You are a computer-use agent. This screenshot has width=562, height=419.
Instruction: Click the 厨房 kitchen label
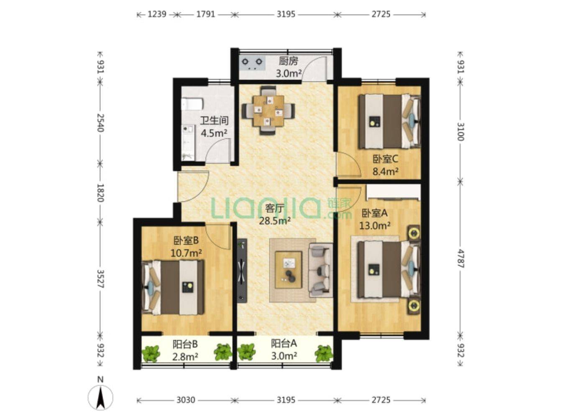[x=288, y=61]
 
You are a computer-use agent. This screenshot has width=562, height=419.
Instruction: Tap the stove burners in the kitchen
[x=252, y=63]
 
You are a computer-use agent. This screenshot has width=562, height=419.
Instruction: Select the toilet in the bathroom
[x=192, y=104]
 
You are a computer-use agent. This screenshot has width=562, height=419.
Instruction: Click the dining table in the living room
[x=268, y=111]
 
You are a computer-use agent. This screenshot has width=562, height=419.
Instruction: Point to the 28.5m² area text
[x=274, y=221]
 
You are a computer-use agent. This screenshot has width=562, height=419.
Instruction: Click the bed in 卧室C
[x=389, y=121]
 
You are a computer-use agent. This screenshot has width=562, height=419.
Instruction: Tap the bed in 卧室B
[x=173, y=287]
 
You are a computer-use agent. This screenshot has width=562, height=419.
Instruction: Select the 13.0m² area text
[x=375, y=225]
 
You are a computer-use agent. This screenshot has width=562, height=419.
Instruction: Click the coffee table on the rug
[x=288, y=270]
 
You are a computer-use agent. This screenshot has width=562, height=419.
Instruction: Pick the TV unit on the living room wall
[x=242, y=271]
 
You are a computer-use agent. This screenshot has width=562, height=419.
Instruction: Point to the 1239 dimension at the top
[x=157, y=14]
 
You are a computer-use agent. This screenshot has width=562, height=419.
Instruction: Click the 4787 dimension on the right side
[x=460, y=258]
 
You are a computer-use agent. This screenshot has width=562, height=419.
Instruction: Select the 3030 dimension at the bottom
[x=186, y=400]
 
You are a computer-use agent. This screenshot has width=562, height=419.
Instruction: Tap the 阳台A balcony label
[x=284, y=343]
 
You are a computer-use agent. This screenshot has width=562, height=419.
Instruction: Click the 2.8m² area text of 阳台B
[x=185, y=357]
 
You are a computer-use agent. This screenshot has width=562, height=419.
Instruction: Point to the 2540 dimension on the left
[x=100, y=123]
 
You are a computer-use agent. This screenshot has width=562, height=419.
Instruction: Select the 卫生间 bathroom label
[x=214, y=121]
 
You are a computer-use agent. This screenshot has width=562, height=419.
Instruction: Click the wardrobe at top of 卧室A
[x=393, y=192]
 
